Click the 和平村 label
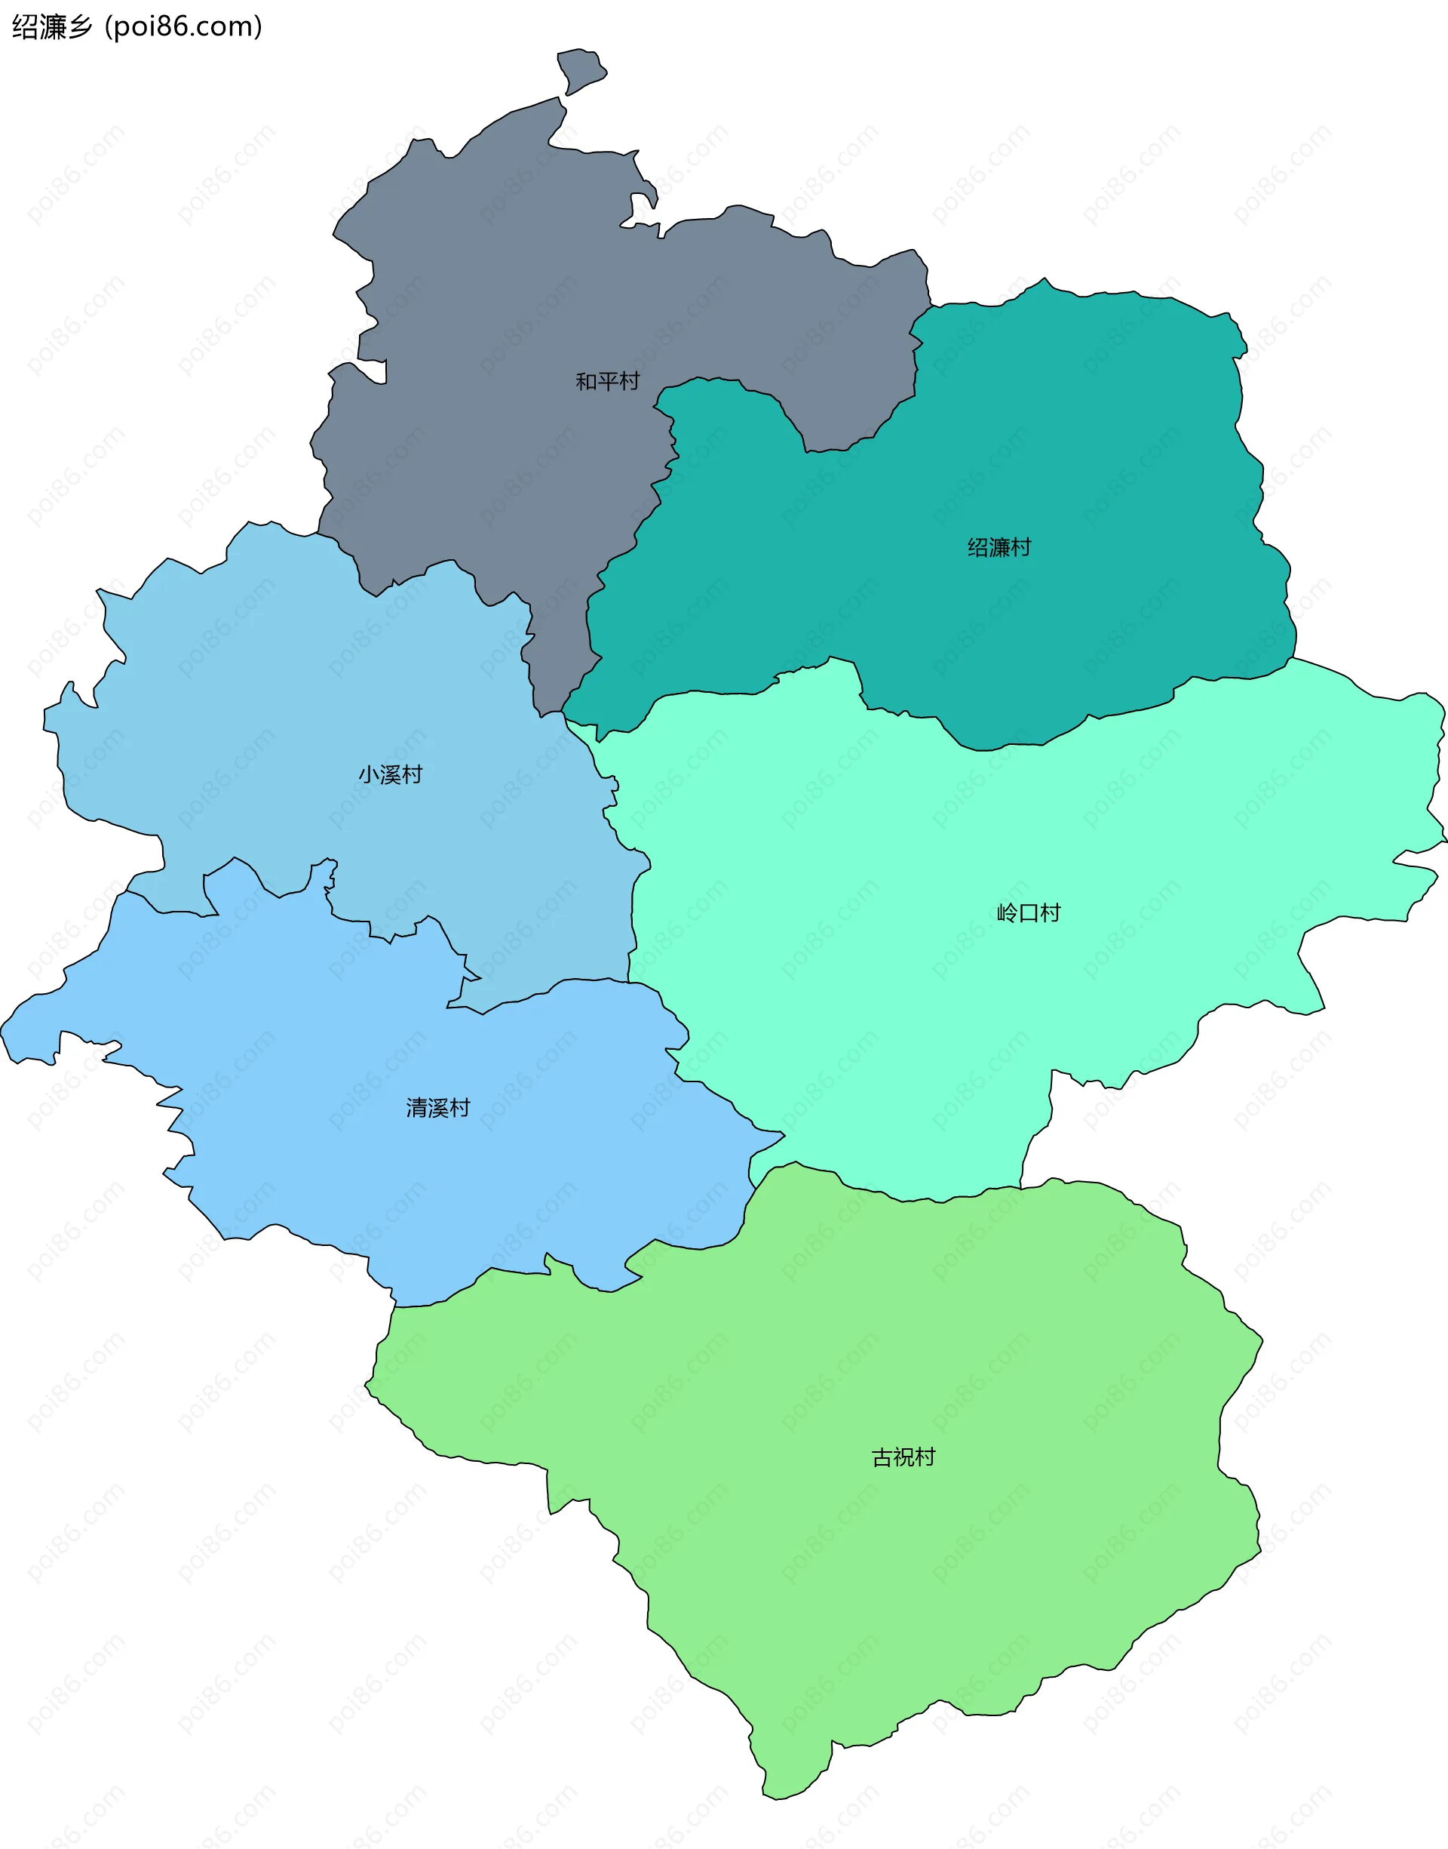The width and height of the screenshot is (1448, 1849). [607, 382]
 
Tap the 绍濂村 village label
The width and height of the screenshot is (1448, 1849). [999, 547]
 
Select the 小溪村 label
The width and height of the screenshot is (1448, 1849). [390, 774]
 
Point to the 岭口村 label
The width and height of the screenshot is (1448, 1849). [1029, 912]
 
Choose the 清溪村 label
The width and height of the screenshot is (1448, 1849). [437, 1108]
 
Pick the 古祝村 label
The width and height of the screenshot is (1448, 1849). [903, 1457]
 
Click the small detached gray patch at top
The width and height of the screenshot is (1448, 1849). [581, 69]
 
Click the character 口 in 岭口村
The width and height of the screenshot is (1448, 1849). [1029, 912]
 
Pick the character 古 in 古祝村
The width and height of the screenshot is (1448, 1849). [882, 1457]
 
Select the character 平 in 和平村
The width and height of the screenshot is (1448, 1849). [607, 382]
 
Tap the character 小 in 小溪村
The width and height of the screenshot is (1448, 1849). [369, 774]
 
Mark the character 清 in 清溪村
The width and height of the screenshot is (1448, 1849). [416, 1108]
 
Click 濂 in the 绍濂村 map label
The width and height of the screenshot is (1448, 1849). [999, 547]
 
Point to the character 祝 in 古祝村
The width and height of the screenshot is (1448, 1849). [903, 1457]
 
